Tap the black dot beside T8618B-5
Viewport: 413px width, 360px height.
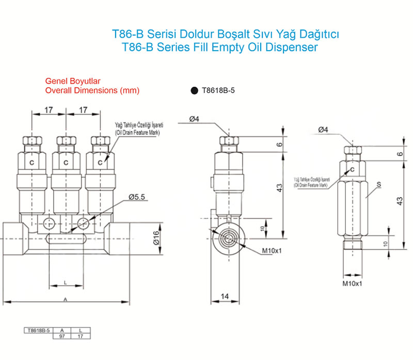(x=194, y=90)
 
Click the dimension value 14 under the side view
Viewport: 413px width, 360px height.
(x=224, y=296)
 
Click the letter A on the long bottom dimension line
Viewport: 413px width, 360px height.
(x=66, y=299)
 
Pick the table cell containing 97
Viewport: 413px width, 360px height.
(x=62, y=335)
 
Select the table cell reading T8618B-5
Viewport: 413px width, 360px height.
(x=39, y=330)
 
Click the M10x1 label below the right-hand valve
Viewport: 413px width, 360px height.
(x=353, y=284)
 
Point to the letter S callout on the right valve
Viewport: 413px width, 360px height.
(x=379, y=183)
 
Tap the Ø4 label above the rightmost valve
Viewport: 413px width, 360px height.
(x=324, y=130)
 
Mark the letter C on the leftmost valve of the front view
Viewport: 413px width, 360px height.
(x=31, y=163)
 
